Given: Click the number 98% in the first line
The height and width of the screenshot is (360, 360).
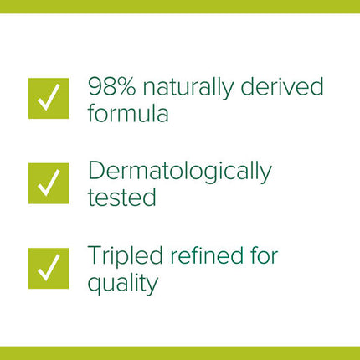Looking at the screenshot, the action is [x=112, y=86].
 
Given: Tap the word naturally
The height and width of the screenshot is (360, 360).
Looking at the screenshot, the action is [x=188, y=88].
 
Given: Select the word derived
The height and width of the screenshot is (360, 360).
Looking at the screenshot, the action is [x=282, y=85].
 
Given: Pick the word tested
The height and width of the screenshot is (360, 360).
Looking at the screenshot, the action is [x=121, y=197].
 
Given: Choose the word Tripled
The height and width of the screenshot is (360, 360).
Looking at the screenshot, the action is [x=125, y=256].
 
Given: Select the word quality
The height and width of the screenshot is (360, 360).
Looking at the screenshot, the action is [x=123, y=284].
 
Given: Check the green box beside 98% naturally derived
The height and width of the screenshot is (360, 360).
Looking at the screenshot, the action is [x=49, y=99].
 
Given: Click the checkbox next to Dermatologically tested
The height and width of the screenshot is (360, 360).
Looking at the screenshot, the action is [x=49, y=183].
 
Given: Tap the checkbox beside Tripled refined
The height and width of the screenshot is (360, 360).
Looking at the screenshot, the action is [x=49, y=268].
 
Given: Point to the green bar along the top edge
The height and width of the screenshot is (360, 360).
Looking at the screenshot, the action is [x=180, y=7].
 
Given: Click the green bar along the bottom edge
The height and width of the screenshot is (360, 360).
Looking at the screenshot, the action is [x=180, y=353].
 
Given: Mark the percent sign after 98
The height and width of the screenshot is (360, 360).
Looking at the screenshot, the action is [x=126, y=86].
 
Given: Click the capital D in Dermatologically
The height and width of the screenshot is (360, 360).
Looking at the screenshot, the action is [x=95, y=171].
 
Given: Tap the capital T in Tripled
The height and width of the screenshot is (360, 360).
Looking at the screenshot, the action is [x=95, y=255].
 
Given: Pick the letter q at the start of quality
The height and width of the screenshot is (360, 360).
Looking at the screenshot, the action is [x=95, y=285].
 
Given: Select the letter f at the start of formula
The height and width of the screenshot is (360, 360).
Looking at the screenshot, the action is [x=92, y=112].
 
